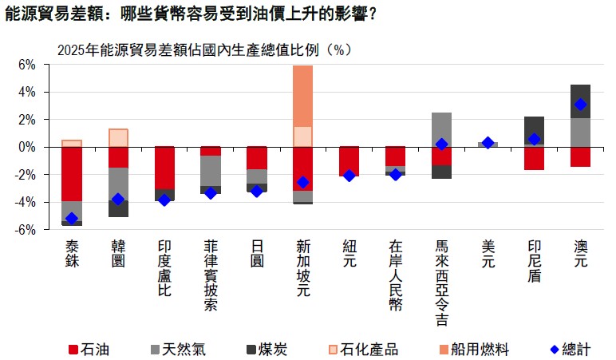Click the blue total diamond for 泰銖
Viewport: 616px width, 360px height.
click(72, 218)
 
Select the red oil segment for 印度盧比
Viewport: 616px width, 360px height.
click(164, 168)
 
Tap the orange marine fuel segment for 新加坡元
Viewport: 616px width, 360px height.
click(302, 96)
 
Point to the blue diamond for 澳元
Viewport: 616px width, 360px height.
click(580, 105)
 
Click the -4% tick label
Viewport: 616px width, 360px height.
click(26, 203)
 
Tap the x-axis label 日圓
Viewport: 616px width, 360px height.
click(257, 252)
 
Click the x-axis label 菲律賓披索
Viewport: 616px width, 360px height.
click(211, 276)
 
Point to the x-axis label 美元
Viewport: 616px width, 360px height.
click(488, 252)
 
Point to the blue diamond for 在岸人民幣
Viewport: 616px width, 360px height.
click(395, 174)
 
